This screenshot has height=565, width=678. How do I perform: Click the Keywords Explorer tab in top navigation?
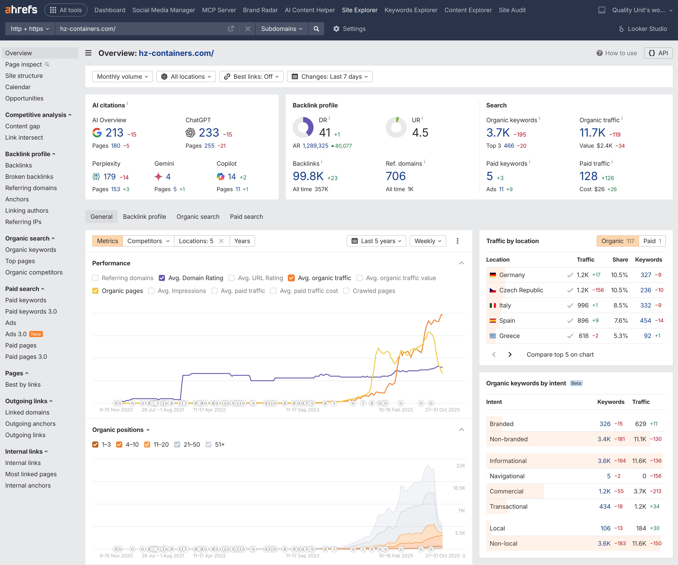click(x=411, y=10)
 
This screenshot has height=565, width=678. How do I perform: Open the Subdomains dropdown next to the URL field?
click(x=282, y=29)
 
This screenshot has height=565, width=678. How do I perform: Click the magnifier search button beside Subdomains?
click(x=316, y=29)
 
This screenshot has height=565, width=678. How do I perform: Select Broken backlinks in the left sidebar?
click(x=29, y=177)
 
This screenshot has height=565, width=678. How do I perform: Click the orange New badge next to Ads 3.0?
click(x=36, y=334)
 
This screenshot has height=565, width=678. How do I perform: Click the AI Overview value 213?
click(x=114, y=133)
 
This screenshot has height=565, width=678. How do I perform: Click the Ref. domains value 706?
click(x=396, y=176)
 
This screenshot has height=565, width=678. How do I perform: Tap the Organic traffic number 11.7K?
click(x=592, y=133)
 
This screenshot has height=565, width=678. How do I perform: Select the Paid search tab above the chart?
click(x=246, y=217)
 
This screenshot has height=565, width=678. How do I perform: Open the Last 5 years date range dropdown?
click(x=376, y=241)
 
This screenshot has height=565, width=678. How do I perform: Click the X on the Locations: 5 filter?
click(x=221, y=241)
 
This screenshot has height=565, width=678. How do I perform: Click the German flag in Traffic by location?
click(x=493, y=275)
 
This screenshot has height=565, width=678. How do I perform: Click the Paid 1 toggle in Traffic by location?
click(x=652, y=241)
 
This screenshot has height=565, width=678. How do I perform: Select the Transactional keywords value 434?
click(x=604, y=506)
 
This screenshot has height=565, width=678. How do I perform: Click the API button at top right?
click(x=658, y=53)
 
